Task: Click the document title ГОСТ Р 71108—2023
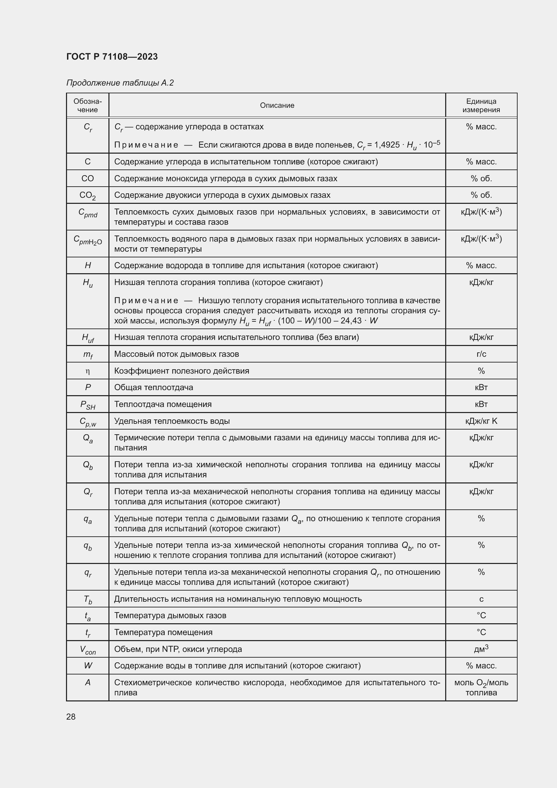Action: click(x=112, y=57)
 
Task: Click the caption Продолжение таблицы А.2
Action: click(x=120, y=83)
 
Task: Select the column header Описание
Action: click(x=277, y=105)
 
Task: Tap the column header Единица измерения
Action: click(x=481, y=105)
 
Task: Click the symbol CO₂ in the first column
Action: click(x=88, y=195)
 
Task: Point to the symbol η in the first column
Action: click(x=88, y=371)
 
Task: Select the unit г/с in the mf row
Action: click(x=481, y=354)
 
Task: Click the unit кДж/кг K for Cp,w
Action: click(x=481, y=421)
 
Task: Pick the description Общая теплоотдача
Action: click(x=153, y=387)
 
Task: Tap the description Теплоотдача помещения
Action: click(x=163, y=404)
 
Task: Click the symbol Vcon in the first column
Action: click(x=88, y=650)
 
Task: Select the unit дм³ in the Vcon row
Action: click(x=481, y=649)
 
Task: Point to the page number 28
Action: click(x=71, y=717)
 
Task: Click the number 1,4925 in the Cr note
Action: click(x=387, y=145)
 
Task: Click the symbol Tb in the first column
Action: click(x=88, y=600)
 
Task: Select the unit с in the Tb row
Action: click(x=481, y=599)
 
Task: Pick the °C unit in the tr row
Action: click(x=481, y=632)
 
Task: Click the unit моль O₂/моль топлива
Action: click(x=481, y=688)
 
